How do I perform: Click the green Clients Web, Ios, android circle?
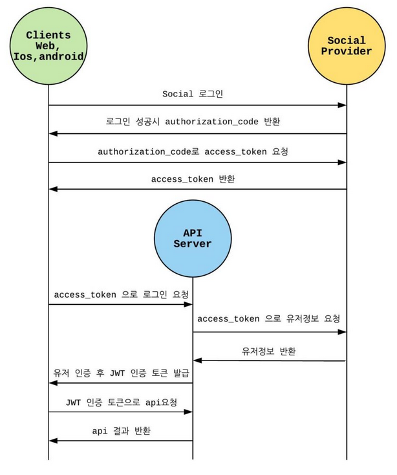48,46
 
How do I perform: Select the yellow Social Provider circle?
347,46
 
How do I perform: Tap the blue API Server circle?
193,237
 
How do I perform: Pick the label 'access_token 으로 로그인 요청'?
121,294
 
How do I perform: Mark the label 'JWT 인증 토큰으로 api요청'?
121,401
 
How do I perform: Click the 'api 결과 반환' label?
121,430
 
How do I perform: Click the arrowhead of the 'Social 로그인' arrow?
343,105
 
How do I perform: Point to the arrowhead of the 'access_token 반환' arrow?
54,189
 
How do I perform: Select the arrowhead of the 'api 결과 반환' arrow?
54,441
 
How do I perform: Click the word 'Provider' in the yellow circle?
347,52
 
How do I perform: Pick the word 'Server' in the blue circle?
193,244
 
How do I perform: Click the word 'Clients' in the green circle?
48,35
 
